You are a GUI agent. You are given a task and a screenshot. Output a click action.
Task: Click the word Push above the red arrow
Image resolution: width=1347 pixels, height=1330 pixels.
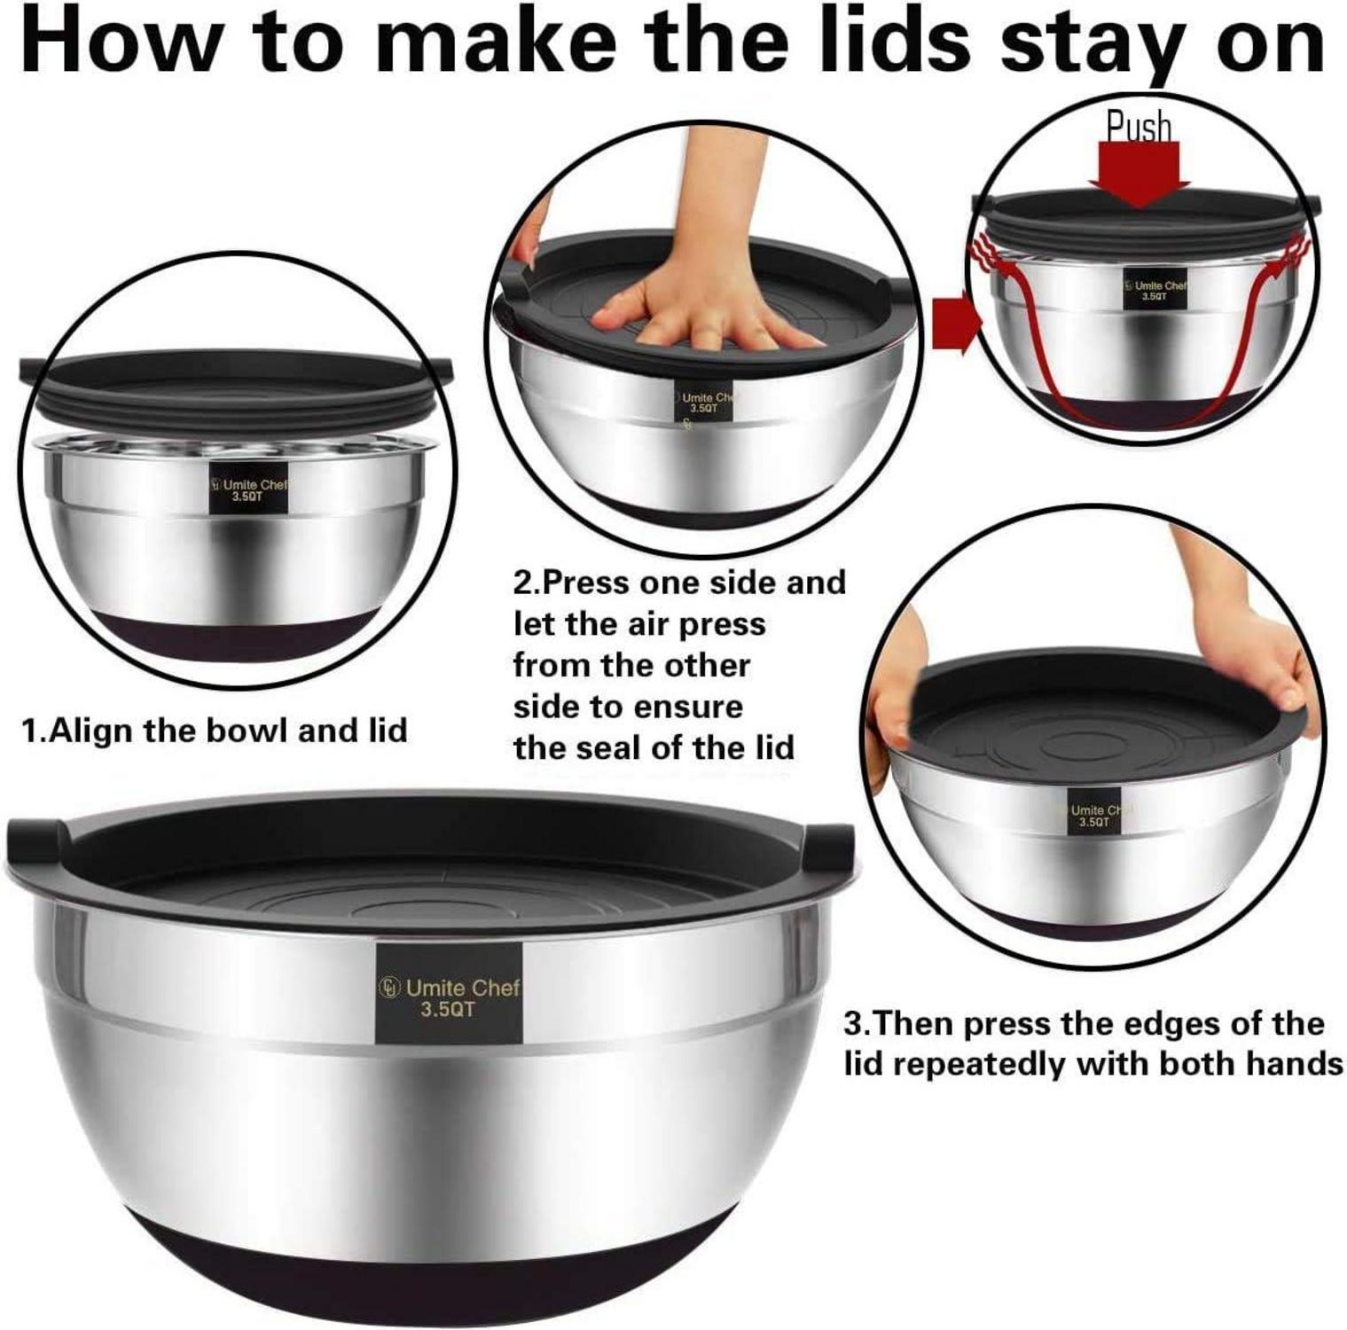pyautogui.click(x=1139, y=127)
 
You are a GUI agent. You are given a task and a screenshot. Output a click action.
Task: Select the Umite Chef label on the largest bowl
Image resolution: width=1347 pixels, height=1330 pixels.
pyautogui.click(x=449, y=993)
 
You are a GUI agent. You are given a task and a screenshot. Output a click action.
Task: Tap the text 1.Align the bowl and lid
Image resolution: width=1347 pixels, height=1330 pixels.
pyautogui.click(x=214, y=731)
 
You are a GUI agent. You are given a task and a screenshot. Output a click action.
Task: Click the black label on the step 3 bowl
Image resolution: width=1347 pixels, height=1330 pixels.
pyautogui.click(x=1089, y=815)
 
